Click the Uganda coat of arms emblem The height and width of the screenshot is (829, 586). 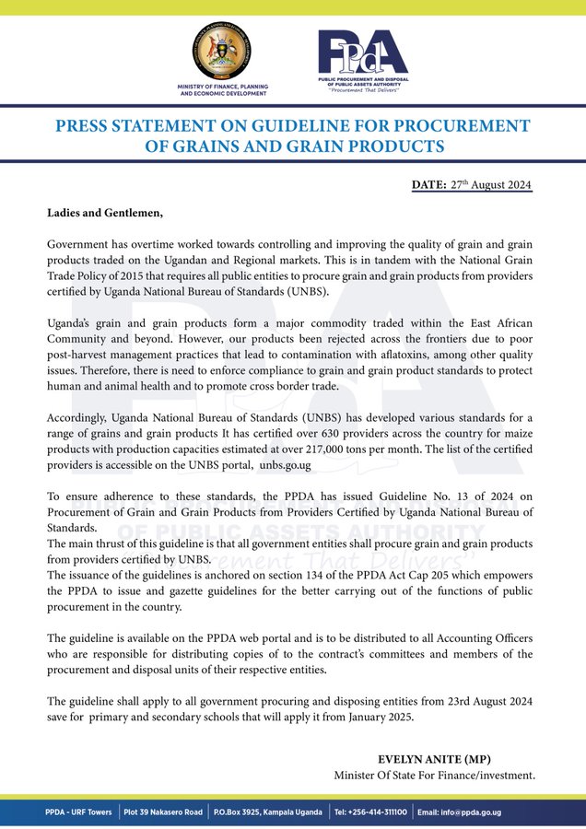[x=223, y=53]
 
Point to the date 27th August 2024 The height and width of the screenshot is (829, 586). [x=489, y=185]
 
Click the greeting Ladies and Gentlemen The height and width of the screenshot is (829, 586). [x=105, y=213]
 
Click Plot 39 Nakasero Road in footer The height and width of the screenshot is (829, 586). [x=163, y=811]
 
